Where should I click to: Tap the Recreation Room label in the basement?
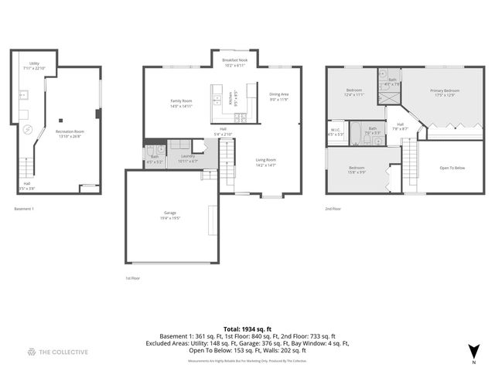(x=70, y=131)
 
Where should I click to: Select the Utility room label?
(x=35, y=64)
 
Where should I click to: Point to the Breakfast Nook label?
(x=234, y=60)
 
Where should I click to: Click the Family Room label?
(x=181, y=101)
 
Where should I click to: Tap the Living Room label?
(x=266, y=160)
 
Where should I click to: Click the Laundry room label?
(x=188, y=157)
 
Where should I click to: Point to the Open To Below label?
(x=452, y=167)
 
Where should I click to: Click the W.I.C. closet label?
(x=336, y=130)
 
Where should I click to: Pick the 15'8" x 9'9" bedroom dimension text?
(x=357, y=172)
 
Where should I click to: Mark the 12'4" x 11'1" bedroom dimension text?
(x=355, y=96)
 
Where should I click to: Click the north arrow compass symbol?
(x=473, y=352)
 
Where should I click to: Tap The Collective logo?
(x=57, y=352)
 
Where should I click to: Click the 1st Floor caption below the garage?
(x=133, y=277)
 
